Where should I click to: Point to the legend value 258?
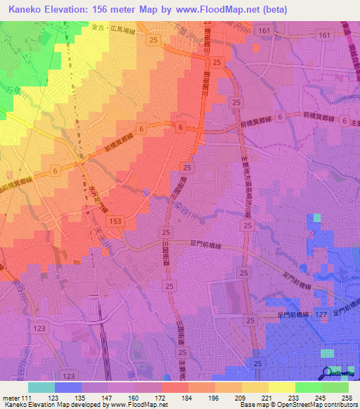tap(346, 397)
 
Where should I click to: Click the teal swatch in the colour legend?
tap(41, 387)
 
